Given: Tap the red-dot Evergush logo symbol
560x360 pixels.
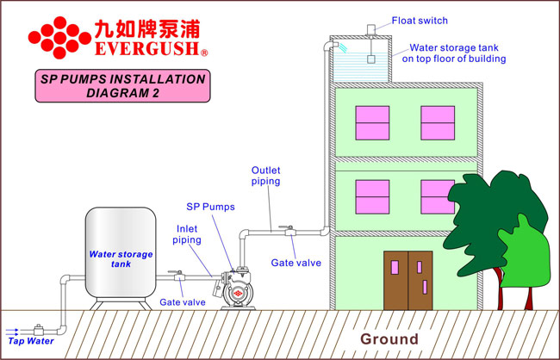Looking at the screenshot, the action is (x=59, y=38).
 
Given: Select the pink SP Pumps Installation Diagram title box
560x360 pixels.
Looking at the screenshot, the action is (x=122, y=86).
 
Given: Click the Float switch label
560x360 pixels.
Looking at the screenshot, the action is (x=420, y=21).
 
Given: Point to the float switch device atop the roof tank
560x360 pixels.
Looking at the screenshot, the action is (x=371, y=30).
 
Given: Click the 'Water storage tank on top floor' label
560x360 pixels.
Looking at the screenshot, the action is (x=454, y=53).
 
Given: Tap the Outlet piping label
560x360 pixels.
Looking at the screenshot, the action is (x=265, y=176).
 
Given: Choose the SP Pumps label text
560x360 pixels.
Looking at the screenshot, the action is (x=210, y=207).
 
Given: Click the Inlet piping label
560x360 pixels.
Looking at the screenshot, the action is (x=187, y=234).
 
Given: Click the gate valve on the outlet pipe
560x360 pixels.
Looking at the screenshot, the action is (x=289, y=231).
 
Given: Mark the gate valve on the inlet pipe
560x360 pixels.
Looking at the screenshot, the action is (x=177, y=276).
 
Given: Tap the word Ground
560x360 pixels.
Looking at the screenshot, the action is (x=389, y=339).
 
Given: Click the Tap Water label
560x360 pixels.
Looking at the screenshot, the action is (x=31, y=341).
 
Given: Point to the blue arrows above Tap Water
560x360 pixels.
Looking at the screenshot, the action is (x=12, y=332).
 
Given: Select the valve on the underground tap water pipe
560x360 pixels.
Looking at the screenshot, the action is (x=38, y=330).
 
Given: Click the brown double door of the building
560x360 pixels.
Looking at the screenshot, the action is (x=408, y=281).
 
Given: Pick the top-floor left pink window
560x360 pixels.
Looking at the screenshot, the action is (x=372, y=123).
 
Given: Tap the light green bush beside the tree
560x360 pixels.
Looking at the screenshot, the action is (x=524, y=253).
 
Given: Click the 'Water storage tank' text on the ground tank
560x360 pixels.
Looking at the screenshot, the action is (x=121, y=259).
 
